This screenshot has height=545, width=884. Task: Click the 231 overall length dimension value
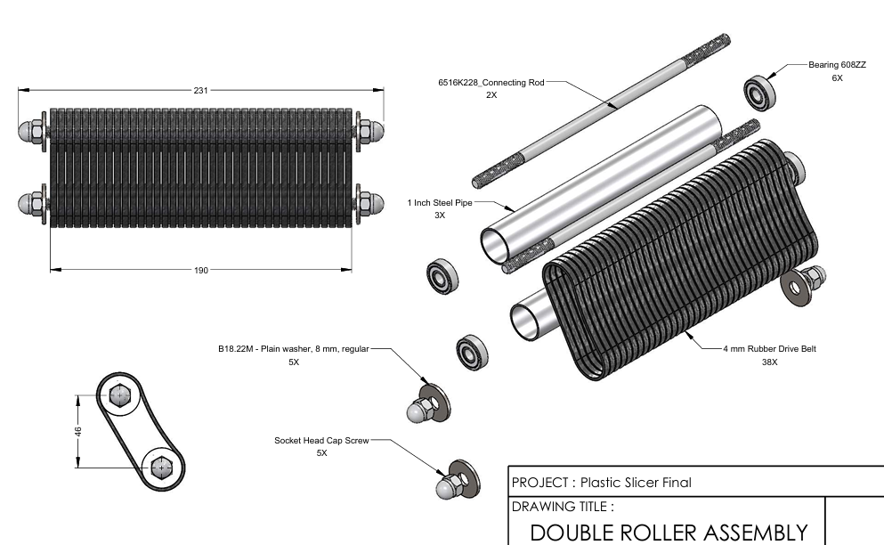[201, 90]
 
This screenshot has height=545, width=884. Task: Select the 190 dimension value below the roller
[201, 270]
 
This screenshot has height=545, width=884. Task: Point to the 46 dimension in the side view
[78, 431]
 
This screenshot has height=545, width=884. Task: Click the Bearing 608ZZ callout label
[836, 65]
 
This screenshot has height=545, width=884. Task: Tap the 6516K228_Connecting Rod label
[491, 82]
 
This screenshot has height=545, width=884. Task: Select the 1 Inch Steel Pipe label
[440, 202]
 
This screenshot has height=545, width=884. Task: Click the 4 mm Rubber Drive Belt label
[769, 349]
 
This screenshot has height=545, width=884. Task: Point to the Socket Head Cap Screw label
[320, 440]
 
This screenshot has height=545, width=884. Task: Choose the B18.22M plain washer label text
[292, 349]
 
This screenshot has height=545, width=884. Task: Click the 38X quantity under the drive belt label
[769, 362]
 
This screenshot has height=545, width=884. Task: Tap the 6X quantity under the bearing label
[837, 78]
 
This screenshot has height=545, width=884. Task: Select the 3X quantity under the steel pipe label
[440, 216]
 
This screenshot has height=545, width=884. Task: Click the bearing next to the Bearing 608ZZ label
[759, 94]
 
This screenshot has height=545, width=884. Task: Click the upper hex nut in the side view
[119, 396]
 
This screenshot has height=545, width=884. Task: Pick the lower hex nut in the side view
[162, 466]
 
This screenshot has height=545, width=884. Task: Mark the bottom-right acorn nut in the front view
[375, 204]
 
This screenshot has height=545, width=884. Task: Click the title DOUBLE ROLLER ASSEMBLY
[669, 533]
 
